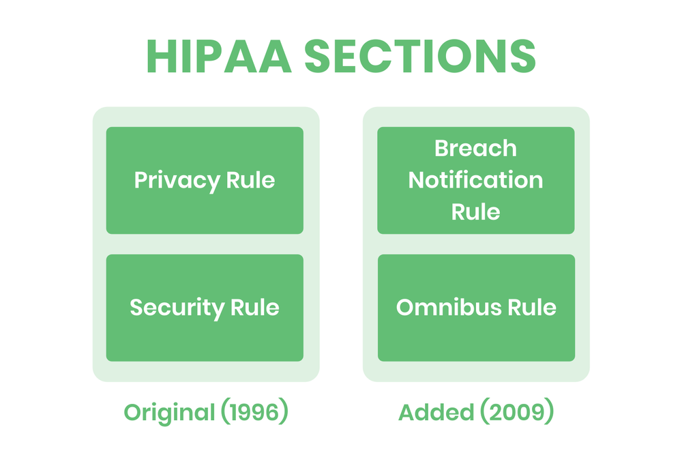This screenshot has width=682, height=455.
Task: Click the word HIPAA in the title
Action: click(218, 57)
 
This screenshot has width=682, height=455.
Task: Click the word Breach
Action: click(476, 148)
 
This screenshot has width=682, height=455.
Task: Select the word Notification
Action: click(476, 180)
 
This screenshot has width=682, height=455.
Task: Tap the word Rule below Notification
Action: click(476, 211)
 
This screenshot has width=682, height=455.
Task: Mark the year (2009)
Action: click(512, 413)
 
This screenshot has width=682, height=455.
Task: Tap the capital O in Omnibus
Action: click(405, 308)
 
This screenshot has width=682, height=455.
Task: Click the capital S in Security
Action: click(136, 308)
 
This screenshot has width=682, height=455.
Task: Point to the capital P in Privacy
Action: click(141, 181)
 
